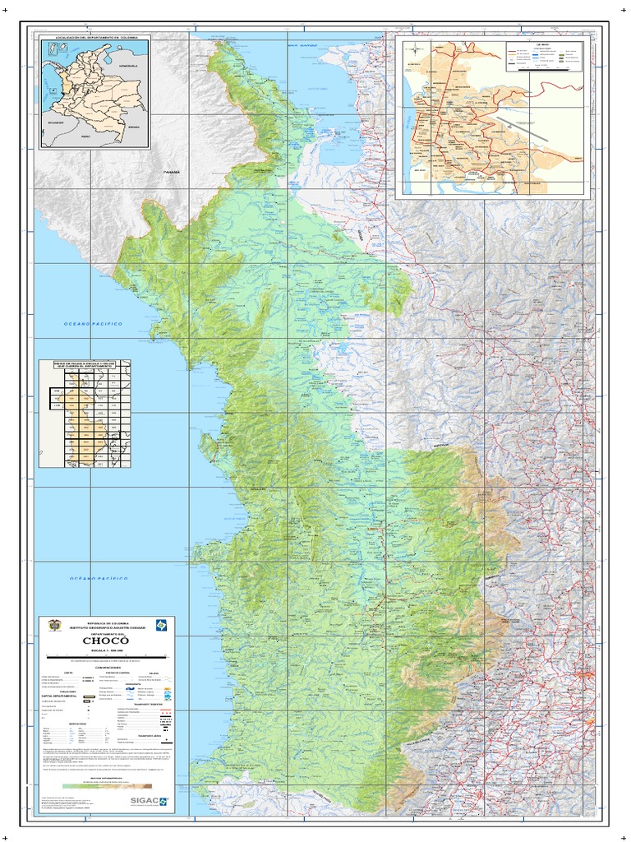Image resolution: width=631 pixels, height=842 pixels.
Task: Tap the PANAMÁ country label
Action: pyautogui.click(x=171, y=172)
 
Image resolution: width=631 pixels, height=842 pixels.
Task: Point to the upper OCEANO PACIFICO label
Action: pyautogui.click(x=93, y=325)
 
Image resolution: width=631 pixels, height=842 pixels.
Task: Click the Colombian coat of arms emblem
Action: pyautogui.click(x=55, y=626)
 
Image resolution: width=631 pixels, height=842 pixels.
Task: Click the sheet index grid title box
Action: pyautogui.click(x=85, y=365)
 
